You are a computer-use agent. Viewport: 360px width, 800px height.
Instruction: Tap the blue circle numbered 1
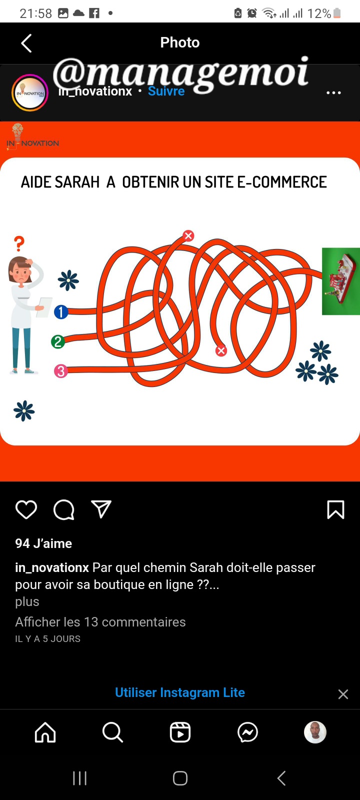point(61,312)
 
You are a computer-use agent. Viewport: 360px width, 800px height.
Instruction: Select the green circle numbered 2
point(58,342)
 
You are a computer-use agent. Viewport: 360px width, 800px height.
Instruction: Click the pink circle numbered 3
point(60,371)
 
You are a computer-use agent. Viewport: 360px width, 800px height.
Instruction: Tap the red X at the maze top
point(188,235)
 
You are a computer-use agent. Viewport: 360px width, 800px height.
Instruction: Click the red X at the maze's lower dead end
point(221,350)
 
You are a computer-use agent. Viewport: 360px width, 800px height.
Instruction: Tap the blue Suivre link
point(166,91)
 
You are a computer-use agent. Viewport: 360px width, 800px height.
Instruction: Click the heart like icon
point(26,509)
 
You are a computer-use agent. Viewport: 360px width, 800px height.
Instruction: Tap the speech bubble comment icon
point(64,509)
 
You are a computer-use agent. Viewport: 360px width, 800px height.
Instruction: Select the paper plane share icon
point(101,509)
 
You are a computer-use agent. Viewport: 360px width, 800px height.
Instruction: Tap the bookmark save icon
point(335,509)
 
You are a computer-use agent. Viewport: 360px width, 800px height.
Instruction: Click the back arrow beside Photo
point(26,43)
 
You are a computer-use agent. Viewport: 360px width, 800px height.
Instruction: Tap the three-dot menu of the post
point(333,93)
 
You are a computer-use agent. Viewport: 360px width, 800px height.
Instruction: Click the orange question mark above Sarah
point(19,243)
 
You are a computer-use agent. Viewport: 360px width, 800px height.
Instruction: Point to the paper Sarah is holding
point(44,307)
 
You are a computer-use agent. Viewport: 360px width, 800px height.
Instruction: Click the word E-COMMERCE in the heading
point(282,182)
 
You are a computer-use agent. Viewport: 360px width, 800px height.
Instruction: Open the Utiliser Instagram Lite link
point(180,692)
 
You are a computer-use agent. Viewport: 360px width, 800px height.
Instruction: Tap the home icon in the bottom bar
point(45,732)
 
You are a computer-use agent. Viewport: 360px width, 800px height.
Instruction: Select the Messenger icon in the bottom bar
point(247,732)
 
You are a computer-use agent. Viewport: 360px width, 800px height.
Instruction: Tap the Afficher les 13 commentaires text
point(100,622)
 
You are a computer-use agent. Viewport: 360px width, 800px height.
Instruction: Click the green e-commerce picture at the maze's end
point(340,281)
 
